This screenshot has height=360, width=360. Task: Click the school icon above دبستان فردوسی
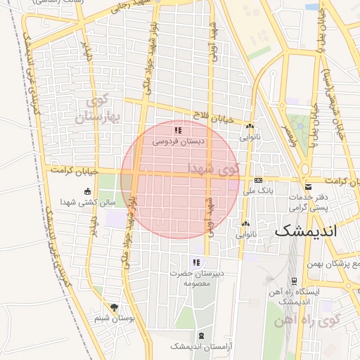[179, 130]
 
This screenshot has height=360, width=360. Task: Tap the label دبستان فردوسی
[179, 141]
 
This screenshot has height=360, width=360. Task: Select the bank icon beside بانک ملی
[258, 180]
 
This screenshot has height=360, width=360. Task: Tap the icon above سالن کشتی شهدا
[86, 191]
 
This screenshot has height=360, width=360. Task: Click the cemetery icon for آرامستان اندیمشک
[202, 335]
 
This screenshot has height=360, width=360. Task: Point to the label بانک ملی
[258, 191]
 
